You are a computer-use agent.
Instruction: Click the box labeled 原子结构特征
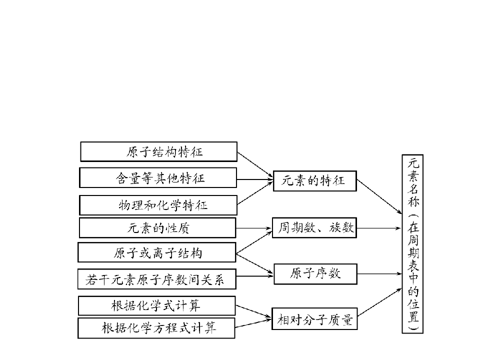pyautogui.click(x=158, y=151)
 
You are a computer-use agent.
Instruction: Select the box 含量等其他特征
pyautogui.click(x=158, y=178)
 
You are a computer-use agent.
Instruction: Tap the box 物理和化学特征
pyautogui.click(x=158, y=205)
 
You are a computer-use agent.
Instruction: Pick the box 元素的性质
pyautogui.click(x=158, y=228)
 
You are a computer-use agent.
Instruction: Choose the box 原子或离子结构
pyautogui.click(x=157, y=252)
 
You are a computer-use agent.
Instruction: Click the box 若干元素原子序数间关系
pyautogui.click(x=157, y=279)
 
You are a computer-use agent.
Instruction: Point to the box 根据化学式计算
pyautogui.click(x=157, y=305)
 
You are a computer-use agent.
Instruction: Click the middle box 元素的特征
pyautogui.click(x=314, y=180)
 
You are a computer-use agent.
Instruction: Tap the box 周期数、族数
pyautogui.click(x=314, y=228)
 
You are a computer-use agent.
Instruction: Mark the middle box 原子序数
pyautogui.click(x=315, y=273)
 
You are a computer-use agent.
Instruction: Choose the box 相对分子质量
pyautogui.click(x=315, y=319)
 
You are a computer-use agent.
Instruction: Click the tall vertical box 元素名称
pyautogui.click(x=412, y=244)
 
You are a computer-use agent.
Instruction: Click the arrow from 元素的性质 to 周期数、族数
pyautogui.click(x=254, y=228)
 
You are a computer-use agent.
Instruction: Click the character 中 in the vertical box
pyautogui.click(x=412, y=275)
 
